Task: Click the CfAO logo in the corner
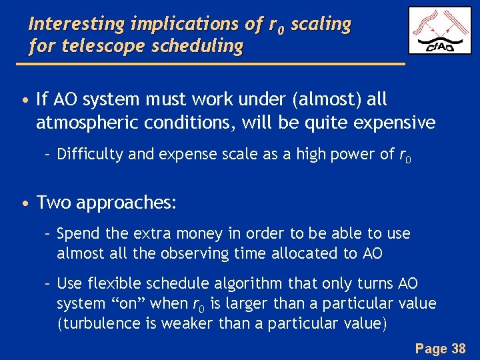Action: point(439,30)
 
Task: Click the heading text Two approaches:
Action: point(107,202)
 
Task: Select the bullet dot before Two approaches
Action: point(24,203)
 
